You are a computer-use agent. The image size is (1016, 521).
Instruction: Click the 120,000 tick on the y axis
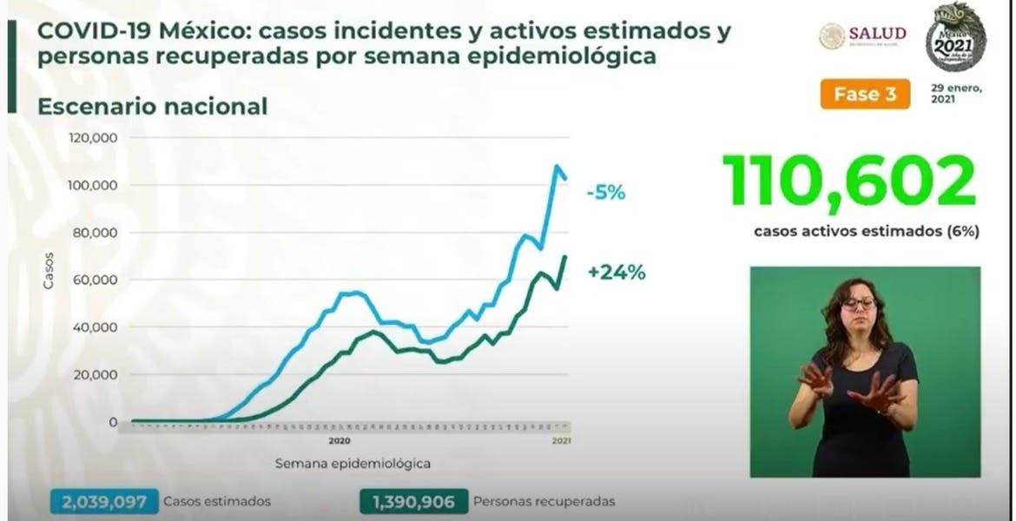pyautogui.click(x=95, y=138)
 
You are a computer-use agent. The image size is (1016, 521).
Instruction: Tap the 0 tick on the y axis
pyautogui.click(x=114, y=423)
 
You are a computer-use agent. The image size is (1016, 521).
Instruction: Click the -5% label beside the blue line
pyautogui.click(x=606, y=193)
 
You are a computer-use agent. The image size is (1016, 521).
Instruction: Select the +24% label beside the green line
pyautogui.click(x=617, y=273)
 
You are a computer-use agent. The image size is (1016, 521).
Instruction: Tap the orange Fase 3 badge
pyautogui.click(x=865, y=95)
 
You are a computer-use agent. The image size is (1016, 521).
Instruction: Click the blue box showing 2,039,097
pyautogui.click(x=105, y=501)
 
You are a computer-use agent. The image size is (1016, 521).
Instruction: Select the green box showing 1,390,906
pyautogui.click(x=413, y=501)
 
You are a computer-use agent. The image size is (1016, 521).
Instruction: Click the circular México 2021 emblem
pyautogui.click(x=956, y=36)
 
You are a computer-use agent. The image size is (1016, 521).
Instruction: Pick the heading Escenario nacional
pyautogui.click(x=152, y=107)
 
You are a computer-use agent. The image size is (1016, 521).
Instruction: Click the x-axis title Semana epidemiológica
pyautogui.click(x=353, y=463)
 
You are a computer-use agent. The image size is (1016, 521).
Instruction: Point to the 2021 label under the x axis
pyautogui.click(x=563, y=440)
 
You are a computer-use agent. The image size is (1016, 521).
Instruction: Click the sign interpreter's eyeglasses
pyautogui.click(x=858, y=303)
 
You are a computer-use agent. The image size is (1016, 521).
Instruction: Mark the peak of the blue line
pyautogui.click(x=557, y=166)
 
